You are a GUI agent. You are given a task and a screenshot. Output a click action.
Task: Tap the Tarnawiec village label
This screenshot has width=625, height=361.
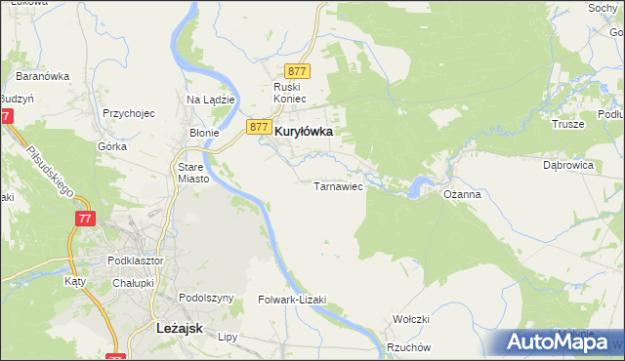(x=338, y=185)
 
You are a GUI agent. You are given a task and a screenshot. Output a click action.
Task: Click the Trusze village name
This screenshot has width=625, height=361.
(x=567, y=124)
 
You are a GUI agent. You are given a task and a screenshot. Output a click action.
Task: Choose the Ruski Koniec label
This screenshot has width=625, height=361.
(x=290, y=93)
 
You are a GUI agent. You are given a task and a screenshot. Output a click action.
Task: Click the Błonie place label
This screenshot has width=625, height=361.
(x=204, y=133)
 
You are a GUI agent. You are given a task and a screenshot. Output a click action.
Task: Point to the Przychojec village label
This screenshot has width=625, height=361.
(x=129, y=113)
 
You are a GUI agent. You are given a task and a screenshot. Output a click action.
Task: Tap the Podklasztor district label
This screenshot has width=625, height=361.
(x=136, y=261)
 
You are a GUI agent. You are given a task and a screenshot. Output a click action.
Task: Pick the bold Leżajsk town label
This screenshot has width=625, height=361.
(x=179, y=329)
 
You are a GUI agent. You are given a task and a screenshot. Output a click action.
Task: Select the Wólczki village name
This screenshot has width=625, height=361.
(x=411, y=319)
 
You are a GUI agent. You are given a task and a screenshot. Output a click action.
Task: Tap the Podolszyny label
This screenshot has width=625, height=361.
(x=206, y=298)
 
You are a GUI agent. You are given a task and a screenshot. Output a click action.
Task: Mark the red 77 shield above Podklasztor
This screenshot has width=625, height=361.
(x=83, y=219)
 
